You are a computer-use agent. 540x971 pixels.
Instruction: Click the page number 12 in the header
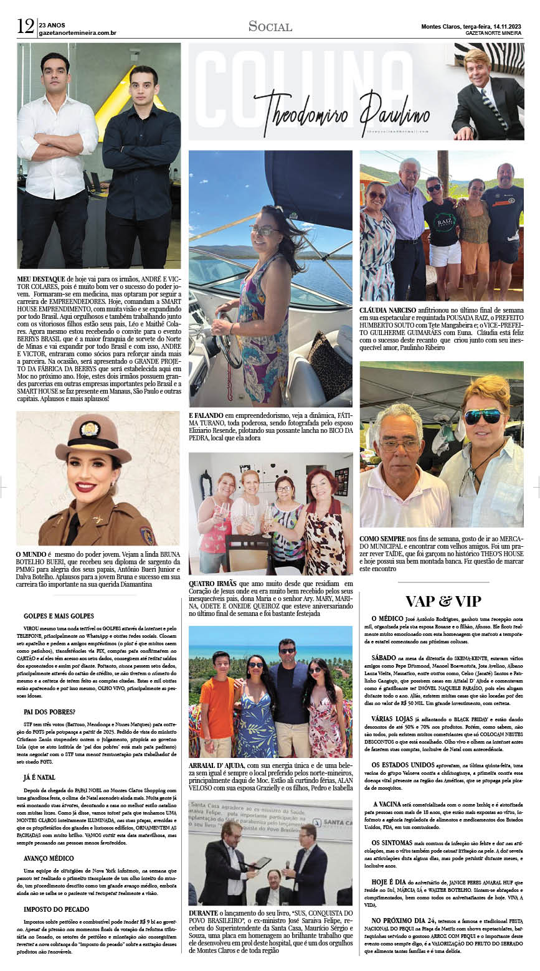click(25, 26)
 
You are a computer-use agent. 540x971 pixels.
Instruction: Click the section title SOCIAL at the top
click(270, 26)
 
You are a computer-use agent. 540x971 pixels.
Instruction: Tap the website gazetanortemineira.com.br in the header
click(77, 33)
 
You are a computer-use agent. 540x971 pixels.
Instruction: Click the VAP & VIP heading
click(443, 600)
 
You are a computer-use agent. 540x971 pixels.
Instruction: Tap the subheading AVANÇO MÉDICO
click(49, 858)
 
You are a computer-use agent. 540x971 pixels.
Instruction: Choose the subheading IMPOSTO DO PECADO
click(56, 909)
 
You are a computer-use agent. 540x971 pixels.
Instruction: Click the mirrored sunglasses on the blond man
click(482, 415)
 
